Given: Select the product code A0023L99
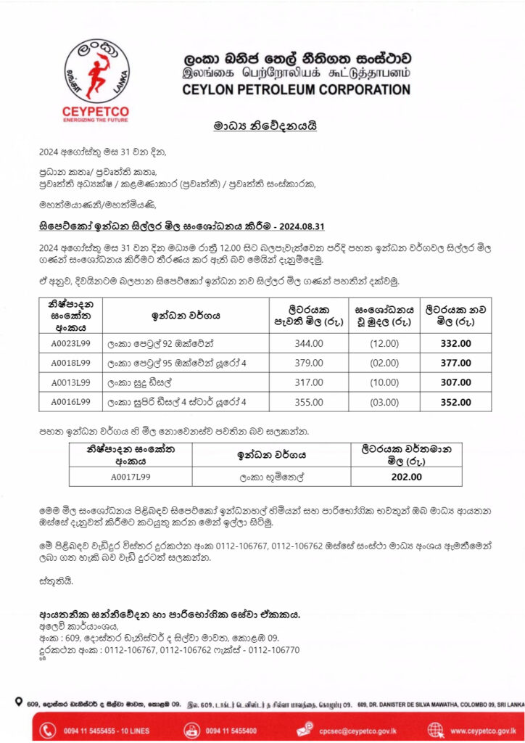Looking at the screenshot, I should [70, 343].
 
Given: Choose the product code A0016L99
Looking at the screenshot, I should [70, 401].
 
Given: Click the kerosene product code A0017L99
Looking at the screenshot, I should [131, 477].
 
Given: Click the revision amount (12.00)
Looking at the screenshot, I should [384, 343].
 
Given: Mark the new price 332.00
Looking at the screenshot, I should [455, 343].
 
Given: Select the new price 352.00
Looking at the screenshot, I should [455, 401].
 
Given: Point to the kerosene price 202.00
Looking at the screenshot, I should [406, 477].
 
